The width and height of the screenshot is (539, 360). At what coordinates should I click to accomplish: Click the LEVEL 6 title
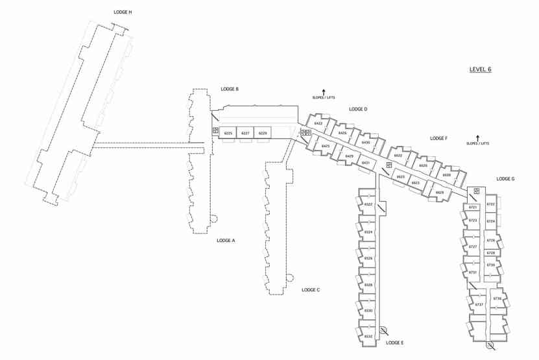(480, 69)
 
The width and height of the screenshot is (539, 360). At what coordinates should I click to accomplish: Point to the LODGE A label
(226, 240)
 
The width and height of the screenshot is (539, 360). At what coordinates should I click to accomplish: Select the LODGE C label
(311, 290)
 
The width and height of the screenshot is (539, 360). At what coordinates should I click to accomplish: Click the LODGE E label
(394, 342)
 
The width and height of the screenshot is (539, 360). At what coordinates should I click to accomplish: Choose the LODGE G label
(505, 178)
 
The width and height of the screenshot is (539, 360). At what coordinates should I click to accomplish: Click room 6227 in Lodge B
(245, 133)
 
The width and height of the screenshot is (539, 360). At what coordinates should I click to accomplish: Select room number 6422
(318, 123)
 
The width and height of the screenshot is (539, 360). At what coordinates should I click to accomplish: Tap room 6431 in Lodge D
(366, 162)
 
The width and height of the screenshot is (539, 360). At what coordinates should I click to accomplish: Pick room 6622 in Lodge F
(398, 156)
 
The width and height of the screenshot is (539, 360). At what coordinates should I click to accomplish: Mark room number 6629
(440, 192)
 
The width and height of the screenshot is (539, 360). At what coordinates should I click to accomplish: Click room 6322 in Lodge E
(368, 204)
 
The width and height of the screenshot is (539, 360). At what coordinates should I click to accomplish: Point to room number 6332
(368, 336)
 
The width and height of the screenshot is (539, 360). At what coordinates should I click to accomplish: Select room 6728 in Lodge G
(491, 253)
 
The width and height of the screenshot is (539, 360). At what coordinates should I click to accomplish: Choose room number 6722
(491, 204)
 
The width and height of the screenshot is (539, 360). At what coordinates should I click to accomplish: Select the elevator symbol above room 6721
(477, 190)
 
